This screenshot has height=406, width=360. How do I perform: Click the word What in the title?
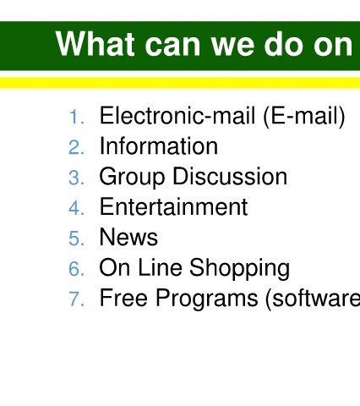(95, 44)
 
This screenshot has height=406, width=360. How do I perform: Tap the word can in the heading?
(172, 46)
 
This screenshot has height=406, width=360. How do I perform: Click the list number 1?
(76, 117)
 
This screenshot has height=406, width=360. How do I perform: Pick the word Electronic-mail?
(177, 115)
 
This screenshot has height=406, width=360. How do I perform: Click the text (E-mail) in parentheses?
(304, 117)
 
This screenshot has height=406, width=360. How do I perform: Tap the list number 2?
(76, 147)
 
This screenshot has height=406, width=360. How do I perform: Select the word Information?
(159, 145)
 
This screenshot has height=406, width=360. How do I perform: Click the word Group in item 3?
(132, 178)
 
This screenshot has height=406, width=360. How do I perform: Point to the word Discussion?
(230, 176)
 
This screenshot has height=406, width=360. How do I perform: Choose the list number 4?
(76, 208)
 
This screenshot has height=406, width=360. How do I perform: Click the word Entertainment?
(174, 206)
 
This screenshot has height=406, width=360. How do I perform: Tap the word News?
(128, 237)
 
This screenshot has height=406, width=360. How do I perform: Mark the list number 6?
(76, 269)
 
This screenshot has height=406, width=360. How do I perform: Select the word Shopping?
(239, 269)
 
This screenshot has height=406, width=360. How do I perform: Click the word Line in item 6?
(160, 267)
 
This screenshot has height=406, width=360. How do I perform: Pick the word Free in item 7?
(123, 298)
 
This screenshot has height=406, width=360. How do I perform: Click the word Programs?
(207, 299)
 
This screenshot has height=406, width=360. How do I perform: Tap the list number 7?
(76, 299)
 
